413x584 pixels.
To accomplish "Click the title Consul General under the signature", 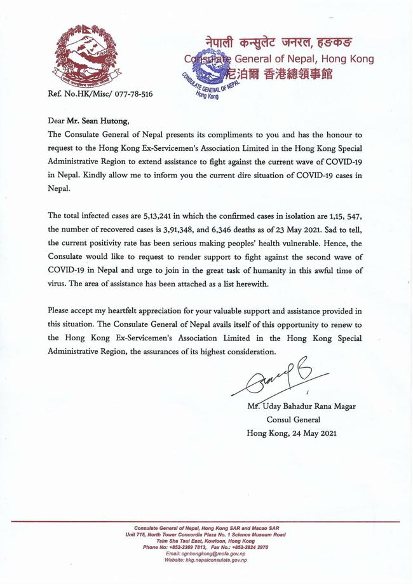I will (x=294, y=420).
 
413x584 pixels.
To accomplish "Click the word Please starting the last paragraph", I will (x=61, y=310).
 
